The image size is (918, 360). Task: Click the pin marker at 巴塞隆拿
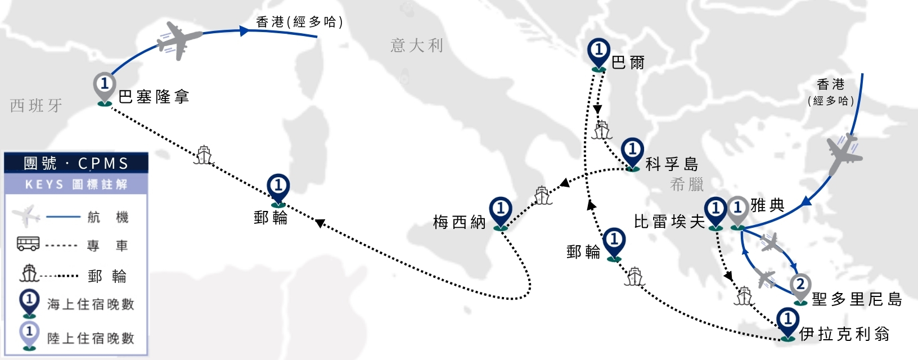105,89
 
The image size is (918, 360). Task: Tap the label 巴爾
628,63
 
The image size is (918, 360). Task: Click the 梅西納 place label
460,222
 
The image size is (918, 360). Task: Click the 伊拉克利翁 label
844,334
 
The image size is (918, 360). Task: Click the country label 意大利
416,45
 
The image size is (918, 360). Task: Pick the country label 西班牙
36,105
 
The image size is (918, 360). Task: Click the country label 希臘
687,184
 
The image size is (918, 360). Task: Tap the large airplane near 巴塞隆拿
179,40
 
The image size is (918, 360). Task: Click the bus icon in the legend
28,244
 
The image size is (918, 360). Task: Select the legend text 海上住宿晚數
91,304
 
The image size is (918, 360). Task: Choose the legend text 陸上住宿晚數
91,338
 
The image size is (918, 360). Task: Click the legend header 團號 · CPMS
76,163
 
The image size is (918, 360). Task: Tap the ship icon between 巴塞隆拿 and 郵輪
204,155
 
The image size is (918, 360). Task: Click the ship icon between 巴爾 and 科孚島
602,130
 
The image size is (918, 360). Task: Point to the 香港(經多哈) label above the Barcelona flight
299,22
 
